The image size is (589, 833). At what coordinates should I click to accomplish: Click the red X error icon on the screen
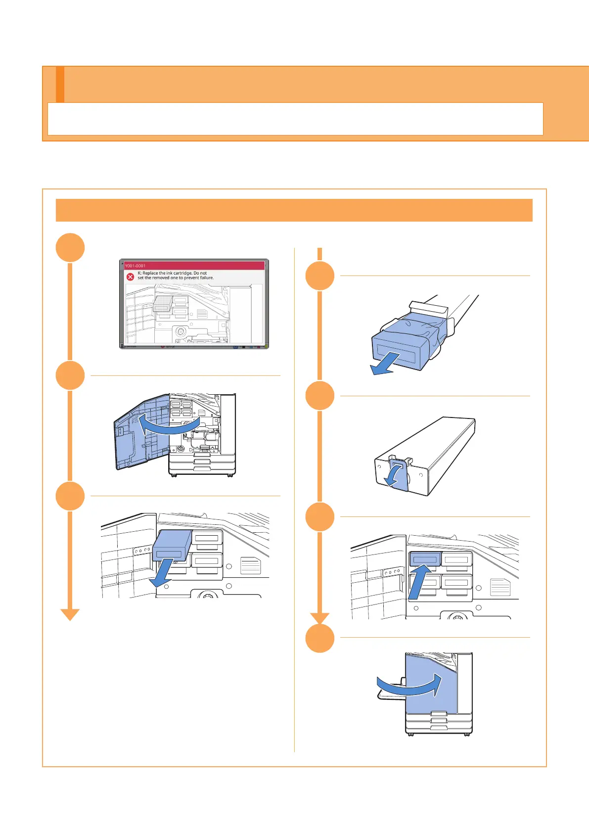[131, 277]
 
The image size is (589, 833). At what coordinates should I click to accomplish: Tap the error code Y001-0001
[135, 266]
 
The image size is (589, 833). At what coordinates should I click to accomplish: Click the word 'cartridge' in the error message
[182, 273]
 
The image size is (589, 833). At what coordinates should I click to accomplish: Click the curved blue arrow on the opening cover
[168, 424]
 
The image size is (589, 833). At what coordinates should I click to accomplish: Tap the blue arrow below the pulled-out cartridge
[163, 574]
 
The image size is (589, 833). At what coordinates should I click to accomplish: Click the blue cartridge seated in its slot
[424, 559]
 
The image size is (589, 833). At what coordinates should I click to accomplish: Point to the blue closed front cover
[430, 683]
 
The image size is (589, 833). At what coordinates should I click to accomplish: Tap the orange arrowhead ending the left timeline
[70, 614]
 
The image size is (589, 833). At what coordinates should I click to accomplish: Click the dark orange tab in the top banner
[60, 85]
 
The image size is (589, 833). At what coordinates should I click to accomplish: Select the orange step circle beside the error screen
[70, 247]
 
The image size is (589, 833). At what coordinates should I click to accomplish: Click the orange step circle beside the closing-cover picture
[320, 639]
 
